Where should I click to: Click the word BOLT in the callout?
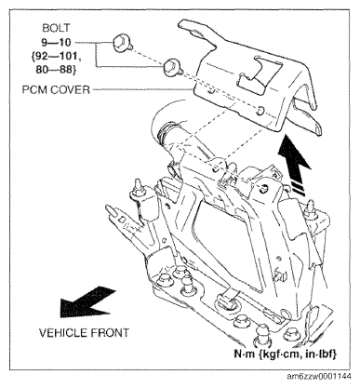click(56, 28)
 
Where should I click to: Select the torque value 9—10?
click(56, 42)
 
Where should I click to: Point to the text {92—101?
click(57, 56)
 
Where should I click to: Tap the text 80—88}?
click(56, 70)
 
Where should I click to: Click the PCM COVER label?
click(56, 90)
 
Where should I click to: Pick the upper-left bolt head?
click(120, 43)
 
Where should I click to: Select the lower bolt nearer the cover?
click(170, 67)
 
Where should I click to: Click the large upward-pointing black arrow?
click(294, 165)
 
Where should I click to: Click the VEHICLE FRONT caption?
click(84, 333)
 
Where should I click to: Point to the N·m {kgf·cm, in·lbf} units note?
click(285, 354)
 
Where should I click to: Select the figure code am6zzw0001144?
click(319, 377)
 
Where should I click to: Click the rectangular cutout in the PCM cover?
click(260, 74)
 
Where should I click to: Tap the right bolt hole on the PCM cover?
click(260, 110)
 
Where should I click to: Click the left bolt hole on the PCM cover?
click(211, 91)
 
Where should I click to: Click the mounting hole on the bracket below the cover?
click(264, 188)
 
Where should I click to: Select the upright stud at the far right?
click(310, 209)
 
